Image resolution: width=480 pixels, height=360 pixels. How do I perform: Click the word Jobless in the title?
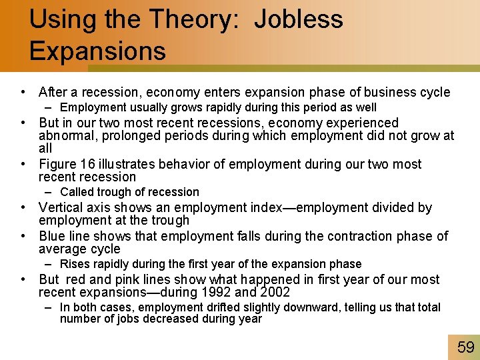click(x=299, y=19)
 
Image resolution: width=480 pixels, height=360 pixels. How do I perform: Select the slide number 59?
click(x=465, y=346)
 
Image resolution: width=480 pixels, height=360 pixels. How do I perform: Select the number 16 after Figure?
click(x=85, y=164)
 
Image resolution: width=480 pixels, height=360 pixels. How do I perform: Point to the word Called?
click(x=77, y=192)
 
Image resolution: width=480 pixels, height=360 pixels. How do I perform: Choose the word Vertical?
click(x=63, y=207)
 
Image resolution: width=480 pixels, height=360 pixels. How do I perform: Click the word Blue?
click(x=52, y=236)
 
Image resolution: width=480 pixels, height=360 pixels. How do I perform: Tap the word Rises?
click(x=75, y=264)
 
